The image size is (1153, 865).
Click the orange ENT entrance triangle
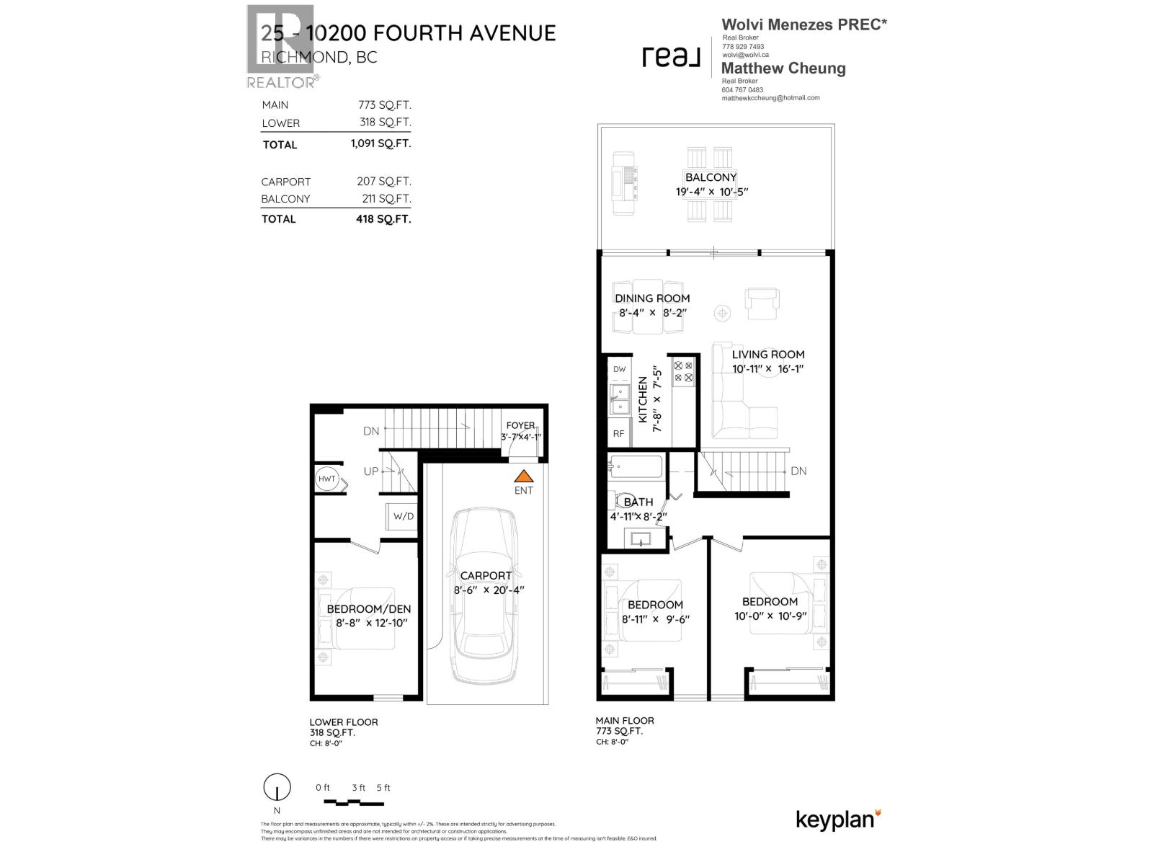524,476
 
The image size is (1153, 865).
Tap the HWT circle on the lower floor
326,479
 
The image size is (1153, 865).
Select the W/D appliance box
403,516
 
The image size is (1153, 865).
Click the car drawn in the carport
484,595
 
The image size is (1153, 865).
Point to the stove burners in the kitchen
683,371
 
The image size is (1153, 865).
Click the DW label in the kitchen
619,369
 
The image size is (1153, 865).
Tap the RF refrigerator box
618,433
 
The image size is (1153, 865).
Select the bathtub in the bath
636,467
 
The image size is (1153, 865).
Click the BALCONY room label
711,177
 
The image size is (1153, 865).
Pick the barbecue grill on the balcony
623,183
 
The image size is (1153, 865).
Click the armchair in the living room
762,303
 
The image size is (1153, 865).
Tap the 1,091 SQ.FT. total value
380,143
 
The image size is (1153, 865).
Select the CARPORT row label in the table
286,182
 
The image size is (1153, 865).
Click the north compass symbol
277,786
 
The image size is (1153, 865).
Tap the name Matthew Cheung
783,68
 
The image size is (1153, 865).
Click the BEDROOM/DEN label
368,609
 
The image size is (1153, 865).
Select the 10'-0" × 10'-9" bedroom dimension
770,616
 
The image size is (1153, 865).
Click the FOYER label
520,425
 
